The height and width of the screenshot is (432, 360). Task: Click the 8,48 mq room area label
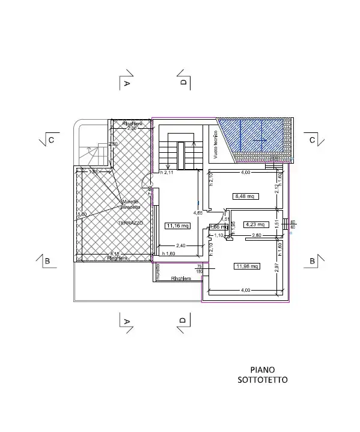[x=244, y=196]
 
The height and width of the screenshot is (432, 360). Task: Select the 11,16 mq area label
[x=177, y=226]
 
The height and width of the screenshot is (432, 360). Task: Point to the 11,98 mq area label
[x=246, y=266]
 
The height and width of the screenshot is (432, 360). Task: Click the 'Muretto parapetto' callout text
[x=130, y=204]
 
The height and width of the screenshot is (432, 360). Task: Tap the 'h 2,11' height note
[x=166, y=173]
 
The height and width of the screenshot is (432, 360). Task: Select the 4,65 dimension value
[x=197, y=213]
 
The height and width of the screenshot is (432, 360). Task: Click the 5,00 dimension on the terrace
[x=82, y=214]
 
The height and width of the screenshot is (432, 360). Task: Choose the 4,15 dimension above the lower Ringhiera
[x=114, y=253]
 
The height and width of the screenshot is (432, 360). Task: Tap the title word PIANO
[x=262, y=369]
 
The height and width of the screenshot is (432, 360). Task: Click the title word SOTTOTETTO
[x=262, y=380]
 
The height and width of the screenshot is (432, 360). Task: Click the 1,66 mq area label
[x=216, y=227]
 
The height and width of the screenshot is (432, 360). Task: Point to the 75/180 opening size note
[x=199, y=268]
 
